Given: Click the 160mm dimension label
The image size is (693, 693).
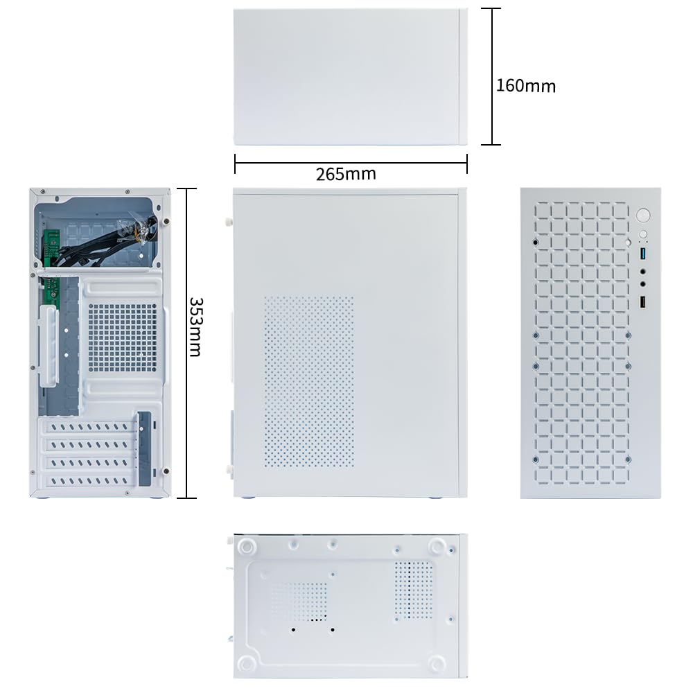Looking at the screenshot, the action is tap(525, 86).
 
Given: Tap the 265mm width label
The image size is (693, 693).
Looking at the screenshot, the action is tap(346, 174).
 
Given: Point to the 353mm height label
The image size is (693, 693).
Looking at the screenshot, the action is tap(195, 326).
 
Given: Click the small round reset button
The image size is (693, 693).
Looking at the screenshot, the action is tap(643, 234).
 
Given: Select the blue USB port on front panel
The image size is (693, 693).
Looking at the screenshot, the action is tap(643, 254).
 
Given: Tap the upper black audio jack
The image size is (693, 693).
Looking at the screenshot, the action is tap(643, 272).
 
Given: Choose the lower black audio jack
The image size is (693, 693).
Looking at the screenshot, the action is tap(643, 283).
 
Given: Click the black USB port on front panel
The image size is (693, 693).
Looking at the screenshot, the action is tap(643, 302).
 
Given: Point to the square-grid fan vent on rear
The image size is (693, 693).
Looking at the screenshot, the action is tap(123, 337).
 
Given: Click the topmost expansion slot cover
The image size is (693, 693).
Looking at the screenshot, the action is tap(88, 427).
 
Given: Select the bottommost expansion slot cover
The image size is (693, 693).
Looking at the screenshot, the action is tap(88, 480).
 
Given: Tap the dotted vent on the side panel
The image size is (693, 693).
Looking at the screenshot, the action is tap(309, 382).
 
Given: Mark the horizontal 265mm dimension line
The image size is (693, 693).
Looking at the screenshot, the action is tap(351, 163).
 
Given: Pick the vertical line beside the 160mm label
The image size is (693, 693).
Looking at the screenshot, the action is tap(493, 76).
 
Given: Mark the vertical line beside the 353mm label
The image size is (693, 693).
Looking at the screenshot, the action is tap(187, 344).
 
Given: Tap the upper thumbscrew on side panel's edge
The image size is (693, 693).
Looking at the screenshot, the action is tap(229, 222).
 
